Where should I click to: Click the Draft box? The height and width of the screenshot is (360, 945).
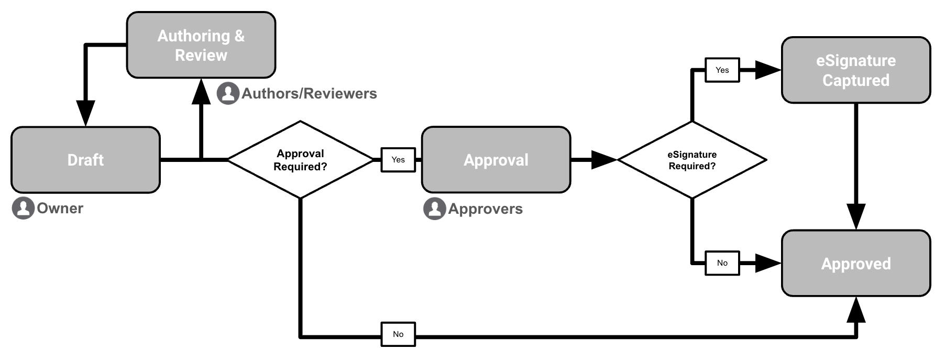(x=85, y=160)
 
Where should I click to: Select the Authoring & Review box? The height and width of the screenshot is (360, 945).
(x=201, y=45)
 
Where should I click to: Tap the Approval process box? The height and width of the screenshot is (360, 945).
(x=496, y=160)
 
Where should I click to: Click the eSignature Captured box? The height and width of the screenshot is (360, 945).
(x=855, y=70)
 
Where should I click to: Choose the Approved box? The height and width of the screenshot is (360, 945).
(x=855, y=263)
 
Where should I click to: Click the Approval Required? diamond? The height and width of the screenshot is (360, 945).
(x=300, y=160)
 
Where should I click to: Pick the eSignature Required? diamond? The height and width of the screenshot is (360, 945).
(x=692, y=160)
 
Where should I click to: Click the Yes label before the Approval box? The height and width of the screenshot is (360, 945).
(x=398, y=160)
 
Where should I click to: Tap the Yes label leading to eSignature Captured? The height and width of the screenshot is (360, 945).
(x=722, y=70)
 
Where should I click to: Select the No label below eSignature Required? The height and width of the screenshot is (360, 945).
(x=722, y=263)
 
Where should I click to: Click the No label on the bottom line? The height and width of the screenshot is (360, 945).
(x=398, y=334)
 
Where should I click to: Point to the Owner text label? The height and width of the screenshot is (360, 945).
(x=60, y=209)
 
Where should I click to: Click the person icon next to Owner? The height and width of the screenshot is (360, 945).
(x=23, y=208)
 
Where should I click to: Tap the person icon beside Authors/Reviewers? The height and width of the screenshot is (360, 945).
(x=228, y=93)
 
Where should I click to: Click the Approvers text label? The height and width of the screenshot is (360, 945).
(x=485, y=209)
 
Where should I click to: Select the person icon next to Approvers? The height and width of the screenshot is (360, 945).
(x=434, y=209)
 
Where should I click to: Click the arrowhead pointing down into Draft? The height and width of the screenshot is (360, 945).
(x=85, y=113)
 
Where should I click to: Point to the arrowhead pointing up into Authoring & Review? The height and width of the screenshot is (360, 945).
(x=201, y=91)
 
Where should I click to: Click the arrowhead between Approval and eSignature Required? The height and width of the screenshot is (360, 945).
(x=603, y=160)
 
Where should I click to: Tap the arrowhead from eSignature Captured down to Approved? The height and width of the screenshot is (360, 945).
(x=855, y=216)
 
